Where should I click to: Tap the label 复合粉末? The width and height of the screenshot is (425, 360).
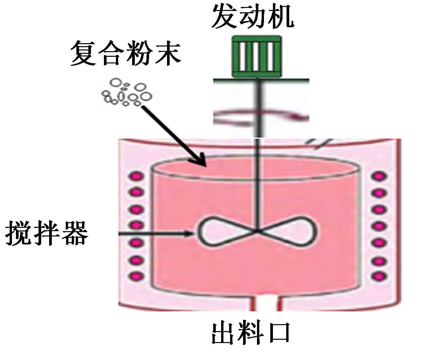126,53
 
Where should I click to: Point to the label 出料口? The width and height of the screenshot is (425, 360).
251,333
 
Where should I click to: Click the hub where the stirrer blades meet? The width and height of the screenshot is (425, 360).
257,231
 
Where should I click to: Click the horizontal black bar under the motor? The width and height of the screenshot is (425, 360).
261,80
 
